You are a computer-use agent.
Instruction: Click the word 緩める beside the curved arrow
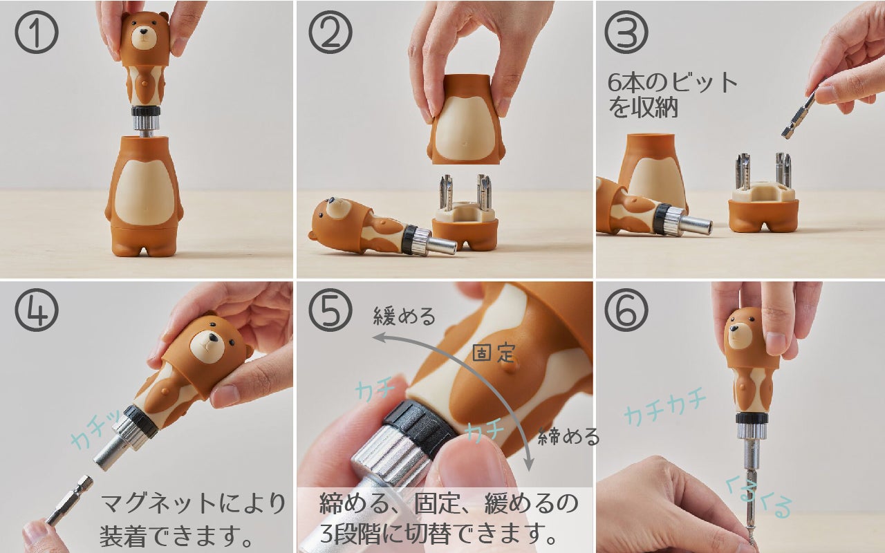tap(404, 317)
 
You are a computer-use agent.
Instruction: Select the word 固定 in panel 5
tap(494, 353)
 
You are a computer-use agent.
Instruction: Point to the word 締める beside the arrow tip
tap(568, 436)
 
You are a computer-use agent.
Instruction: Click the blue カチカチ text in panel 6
tap(665, 408)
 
